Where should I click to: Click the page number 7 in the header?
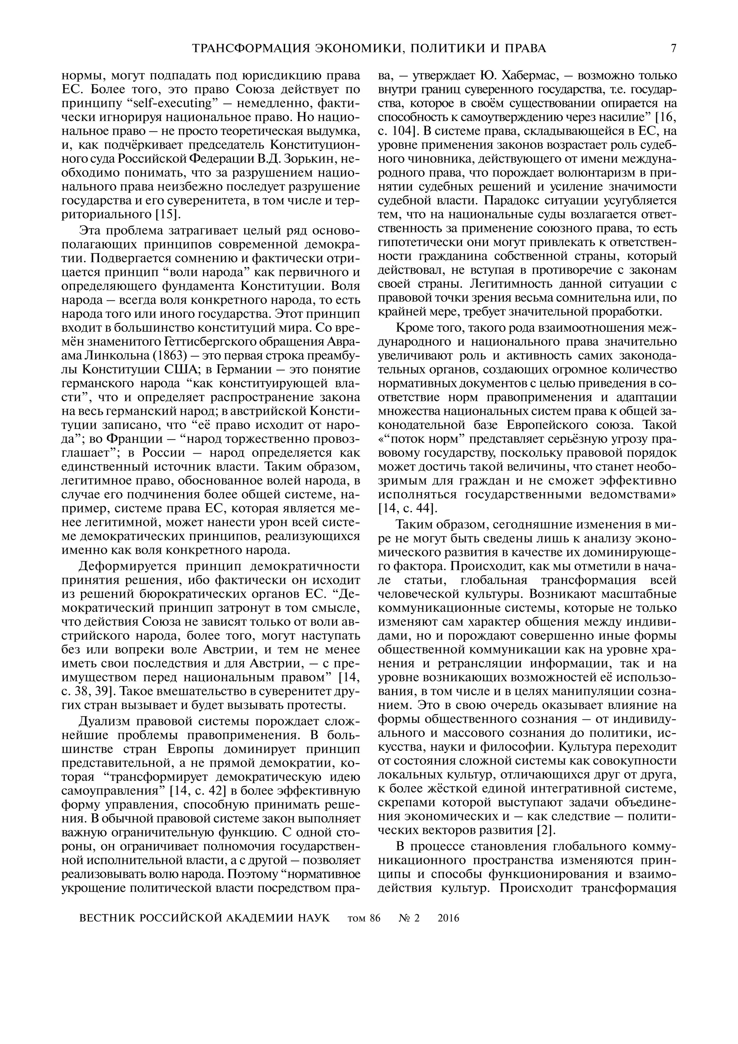point(673,48)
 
